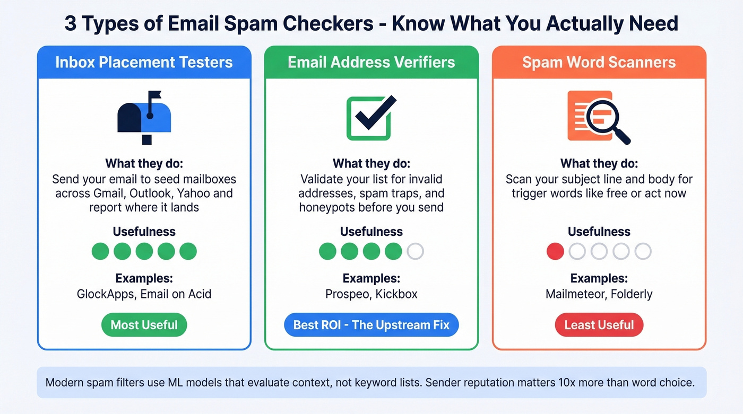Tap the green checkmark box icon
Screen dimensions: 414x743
(x=371, y=118)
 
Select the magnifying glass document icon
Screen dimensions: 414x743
(x=599, y=117)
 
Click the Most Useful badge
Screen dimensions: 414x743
(x=144, y=324)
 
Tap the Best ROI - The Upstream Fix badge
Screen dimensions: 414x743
(x=371, y=324)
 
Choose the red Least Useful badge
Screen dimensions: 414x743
(x=599, y=324)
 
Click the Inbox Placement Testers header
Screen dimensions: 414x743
(x=144, y=62)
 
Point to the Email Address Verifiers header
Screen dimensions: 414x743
(x=371, y=62)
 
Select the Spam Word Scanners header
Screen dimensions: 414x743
(x=599, y=62)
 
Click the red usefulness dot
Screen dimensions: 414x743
(x=555, y=251)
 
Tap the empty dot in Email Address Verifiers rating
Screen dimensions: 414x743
(x=415, y=251)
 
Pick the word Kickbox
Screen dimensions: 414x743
(x=396, y=294)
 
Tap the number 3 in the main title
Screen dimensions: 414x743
(x=70, y=23)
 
